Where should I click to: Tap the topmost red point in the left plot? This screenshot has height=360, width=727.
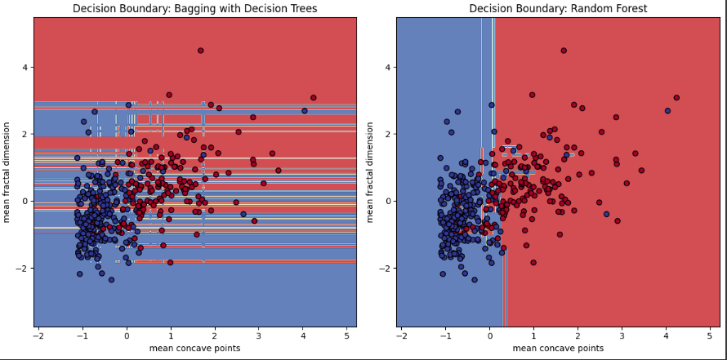click(200, 51)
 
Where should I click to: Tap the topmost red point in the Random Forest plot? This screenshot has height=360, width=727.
click(563, 51)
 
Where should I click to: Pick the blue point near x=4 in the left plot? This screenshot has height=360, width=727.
click(305, 111)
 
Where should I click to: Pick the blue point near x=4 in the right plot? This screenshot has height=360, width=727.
click(667, 111)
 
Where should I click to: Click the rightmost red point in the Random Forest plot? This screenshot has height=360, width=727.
click(676, 98)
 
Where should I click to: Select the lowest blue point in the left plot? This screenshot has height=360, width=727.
click(111, 280)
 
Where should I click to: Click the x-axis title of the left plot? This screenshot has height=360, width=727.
click(194, 349)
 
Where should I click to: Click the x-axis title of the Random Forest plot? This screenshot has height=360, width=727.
click(557, 349)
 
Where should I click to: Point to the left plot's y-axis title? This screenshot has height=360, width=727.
click(7, 172)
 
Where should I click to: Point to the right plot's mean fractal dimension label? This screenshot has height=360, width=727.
click(370, 172)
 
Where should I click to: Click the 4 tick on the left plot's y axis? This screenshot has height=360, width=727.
click(25, 67)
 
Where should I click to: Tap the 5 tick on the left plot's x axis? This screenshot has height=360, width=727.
click(346, 335)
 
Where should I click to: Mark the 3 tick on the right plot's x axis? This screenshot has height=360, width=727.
click(622, 335)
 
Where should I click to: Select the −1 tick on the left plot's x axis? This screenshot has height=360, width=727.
click(81, 335)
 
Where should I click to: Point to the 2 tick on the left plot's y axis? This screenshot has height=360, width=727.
click(25, 134)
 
